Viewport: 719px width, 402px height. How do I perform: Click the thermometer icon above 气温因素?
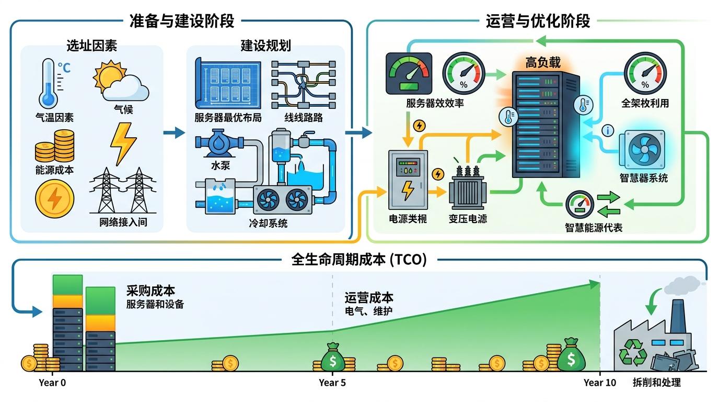click(x=49, y=84)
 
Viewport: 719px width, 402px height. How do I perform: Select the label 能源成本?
click(x=55, y=170)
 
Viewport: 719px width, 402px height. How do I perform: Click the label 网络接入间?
click(x=123, y=222)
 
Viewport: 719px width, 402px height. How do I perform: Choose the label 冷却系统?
click(x=268, y=224)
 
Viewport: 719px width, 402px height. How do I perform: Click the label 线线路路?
click(x=304, y=118)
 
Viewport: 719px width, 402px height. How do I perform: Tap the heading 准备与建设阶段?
click(x=181, y=21)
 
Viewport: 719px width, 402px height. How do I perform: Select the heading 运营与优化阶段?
click(x=538, y=21)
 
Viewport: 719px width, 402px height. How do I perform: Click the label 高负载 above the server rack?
click(x=543, y=63)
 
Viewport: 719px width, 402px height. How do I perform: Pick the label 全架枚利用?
click(x=645, y=103)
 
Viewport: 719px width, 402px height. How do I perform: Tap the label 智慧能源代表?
click(x=594, y=228)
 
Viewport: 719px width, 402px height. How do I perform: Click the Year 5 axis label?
click(x=332, y=383)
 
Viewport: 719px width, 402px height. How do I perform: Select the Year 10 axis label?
click(x=600, y=383)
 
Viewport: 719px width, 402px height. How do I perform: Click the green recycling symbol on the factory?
click(x=632, y=350)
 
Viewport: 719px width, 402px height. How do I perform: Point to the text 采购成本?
click(x=150, y=291)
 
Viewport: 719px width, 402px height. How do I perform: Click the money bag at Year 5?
click(x=332, y=357)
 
